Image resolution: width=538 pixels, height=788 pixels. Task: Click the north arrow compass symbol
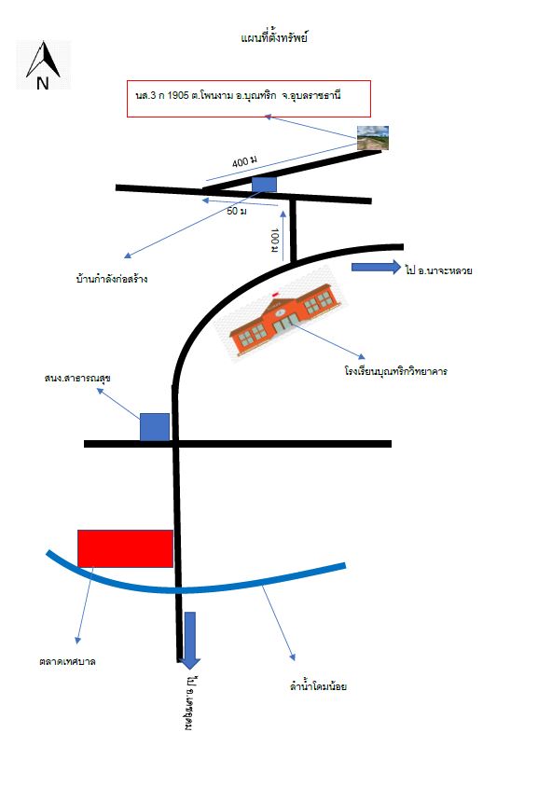(x=44, y=65)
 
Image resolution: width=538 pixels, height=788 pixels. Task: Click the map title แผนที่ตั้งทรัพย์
(x=274, y=37)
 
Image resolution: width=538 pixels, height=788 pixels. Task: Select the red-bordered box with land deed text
(x=249, y=99)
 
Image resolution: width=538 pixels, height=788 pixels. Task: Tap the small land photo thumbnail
(x=373, y=138)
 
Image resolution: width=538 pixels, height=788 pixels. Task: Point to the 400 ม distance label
(x=244, y=161)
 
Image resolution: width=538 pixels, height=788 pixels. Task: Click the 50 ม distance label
(x=237, y=211)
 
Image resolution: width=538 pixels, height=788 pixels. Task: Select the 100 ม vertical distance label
(x=274, y=241)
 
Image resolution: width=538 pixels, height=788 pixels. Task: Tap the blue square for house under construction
(x=264, y=185)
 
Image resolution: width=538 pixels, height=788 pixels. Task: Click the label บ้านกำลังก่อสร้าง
(x=112, y=278)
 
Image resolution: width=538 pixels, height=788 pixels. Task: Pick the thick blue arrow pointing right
(x=376, y=267)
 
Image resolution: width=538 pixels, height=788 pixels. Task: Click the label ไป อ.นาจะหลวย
(x=438, y=270)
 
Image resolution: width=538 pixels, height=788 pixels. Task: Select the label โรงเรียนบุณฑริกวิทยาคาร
(x=396, y=371)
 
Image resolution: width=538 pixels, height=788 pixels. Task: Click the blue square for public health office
(x=155, y=427)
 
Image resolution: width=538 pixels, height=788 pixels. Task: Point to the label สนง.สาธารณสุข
(x=77, y=378)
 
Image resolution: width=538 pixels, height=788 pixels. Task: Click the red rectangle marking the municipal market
(x=125, y=548)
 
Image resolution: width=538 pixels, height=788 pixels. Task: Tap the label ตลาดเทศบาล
(x=67, y=661)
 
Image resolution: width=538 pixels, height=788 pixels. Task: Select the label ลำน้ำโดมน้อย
(x=319, y=685)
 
